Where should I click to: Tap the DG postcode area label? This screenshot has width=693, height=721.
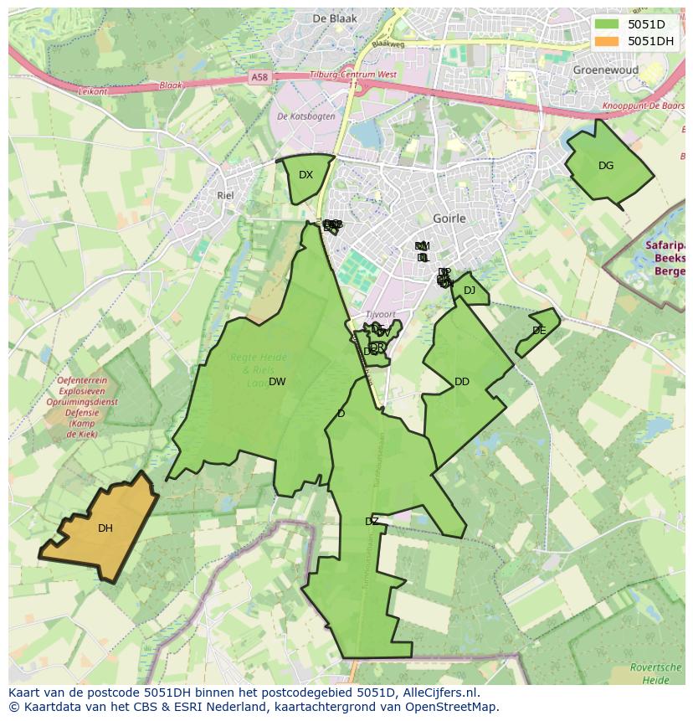pyautogui.click(x=606, y=166)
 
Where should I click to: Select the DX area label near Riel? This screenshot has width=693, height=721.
pyautogui.click(x=305, y=175)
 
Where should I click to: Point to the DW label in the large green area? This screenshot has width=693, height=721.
pyautogui.click(x=277, y=382)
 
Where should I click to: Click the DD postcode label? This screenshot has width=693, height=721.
pyautogui.click(x=462, y=382)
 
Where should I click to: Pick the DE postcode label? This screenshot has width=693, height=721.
pyautogui.click(x=539, y=331)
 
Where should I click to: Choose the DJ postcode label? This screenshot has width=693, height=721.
pyautogui.click(x=470, y=291)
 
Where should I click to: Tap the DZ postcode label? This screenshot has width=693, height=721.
pyautogui.click(x=372, y=522)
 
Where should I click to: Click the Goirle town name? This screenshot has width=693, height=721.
pyautogui.click(x=449, y=219)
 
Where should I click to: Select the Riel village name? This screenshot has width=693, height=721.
pyautogui.click(x=224, y=195)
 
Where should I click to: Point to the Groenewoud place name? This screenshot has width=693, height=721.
pyautogui.click(x=605, y=70)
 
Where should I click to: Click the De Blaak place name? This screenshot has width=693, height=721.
pyautogui.click(x=334, y=18)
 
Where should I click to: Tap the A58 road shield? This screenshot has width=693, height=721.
pyautogui.click(x=259, y=77)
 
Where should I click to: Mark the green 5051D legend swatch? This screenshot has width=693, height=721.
pyautogui.click(x=608, y=24)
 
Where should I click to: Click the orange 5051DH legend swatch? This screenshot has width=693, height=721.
pyautogui.click(x=608, y=41)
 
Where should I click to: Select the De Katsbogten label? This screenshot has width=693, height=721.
pyautogui.click(x=305, y=116)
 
